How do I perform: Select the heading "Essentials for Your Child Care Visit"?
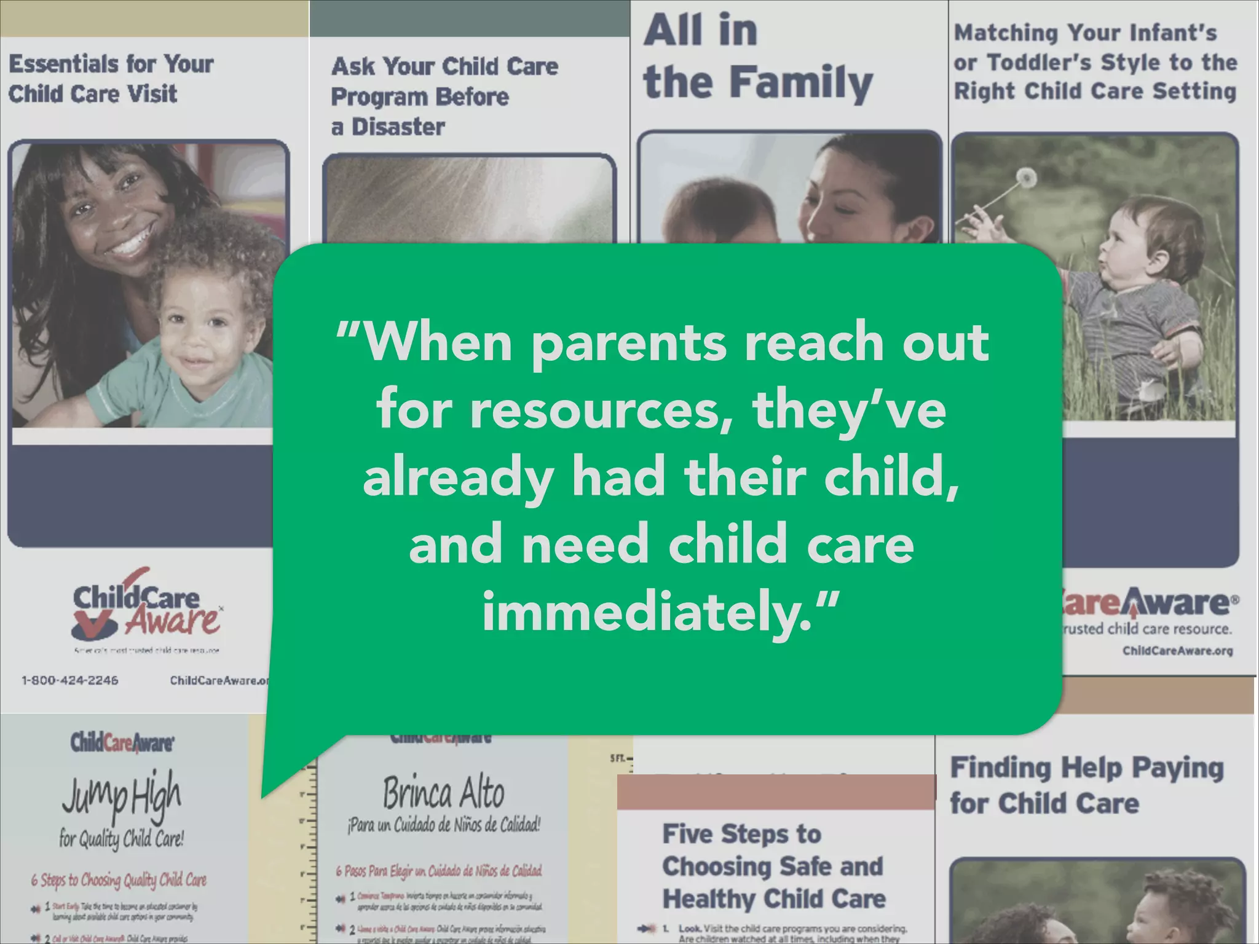pyautogui.click(x=111, y=79)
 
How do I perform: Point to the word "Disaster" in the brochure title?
pyautogui.click(x=398, y=127)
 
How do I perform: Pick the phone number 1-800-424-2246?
pyautogui.click(x=70, y=680)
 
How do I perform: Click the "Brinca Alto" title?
pyautogui.click(x=443, y=793)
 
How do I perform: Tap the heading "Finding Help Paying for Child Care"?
pyautogui.click(x=1086, y=785)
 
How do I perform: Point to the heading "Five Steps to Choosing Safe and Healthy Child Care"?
pyautogui.click(x=773, y=867)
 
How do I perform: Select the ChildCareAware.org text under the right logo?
pyautogui.click(x=1177, y=651)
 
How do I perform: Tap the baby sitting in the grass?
pyautogui.click(x=1137, y=295)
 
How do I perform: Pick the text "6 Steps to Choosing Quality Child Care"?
pyautogui.click(x=119, y=880)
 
